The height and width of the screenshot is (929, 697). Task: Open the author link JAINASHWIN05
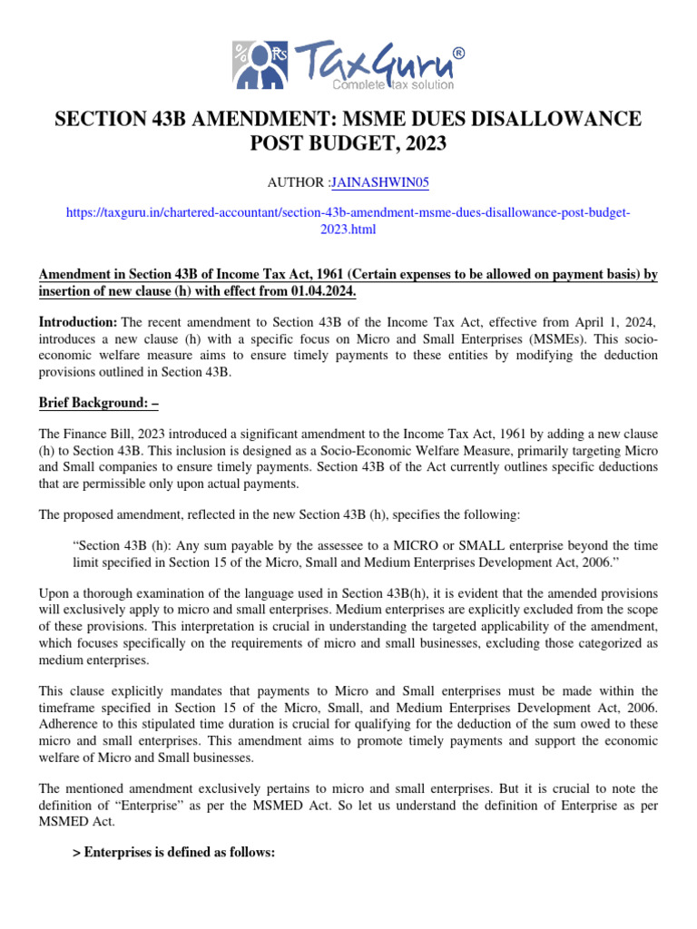380,182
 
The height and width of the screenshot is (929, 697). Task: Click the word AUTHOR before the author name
296,182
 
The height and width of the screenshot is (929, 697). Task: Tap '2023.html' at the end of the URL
348,230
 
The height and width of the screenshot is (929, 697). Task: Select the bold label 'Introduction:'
78,323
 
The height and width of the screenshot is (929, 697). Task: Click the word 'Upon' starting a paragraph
54,593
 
